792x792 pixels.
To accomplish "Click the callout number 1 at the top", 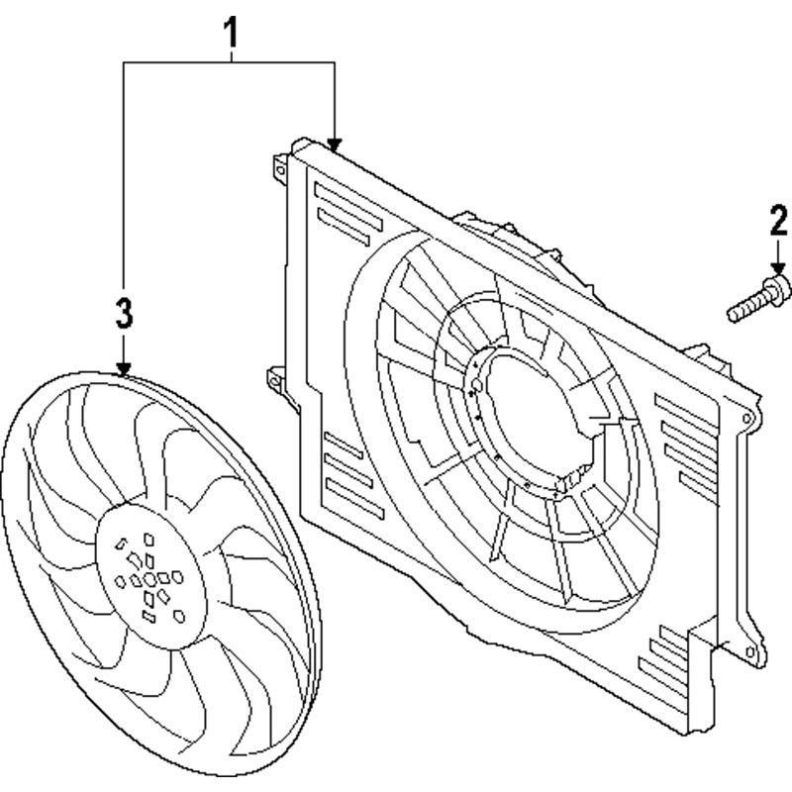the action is coord(231,33).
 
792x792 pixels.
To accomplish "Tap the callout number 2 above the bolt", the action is coord(778,220).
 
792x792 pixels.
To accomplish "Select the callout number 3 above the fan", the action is coord(124,312).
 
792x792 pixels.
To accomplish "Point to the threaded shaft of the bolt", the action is coord(747,308).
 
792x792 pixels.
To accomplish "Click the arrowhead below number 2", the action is coord(778,268).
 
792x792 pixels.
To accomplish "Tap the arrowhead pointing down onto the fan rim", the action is coord(124,369).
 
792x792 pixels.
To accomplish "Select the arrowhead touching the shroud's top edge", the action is coord(334,145).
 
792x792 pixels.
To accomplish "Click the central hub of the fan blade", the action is coord(150,576).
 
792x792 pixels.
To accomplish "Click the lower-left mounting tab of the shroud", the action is coord(276,379).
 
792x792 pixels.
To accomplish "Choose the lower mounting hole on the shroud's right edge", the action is coord(751,652).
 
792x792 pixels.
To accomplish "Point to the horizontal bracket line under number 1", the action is coord(229,62).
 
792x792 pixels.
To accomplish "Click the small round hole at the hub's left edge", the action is coord(120,582).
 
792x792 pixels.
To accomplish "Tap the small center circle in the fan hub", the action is coord(150,579).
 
